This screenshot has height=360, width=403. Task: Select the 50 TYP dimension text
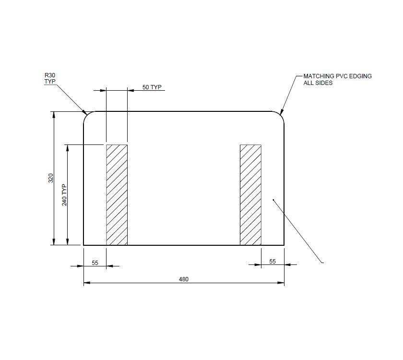tap(152, 87)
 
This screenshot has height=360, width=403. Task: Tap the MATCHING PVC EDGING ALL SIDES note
tap(337, 80)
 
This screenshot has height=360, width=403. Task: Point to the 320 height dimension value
tap(50, 178)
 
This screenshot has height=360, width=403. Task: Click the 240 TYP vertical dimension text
tap(64, 195)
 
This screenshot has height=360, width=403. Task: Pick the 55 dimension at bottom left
tap(95, 262)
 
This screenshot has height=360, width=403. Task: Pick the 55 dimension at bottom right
tap(273, 262)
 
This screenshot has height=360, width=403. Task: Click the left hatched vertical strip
tap(117, 194)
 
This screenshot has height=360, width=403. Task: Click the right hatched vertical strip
tap(250, 194)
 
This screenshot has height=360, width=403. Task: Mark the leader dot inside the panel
tap(273, 199)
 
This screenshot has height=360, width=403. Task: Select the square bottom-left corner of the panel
tap(84, 245)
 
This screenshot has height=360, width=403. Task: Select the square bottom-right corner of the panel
tap(284, 245)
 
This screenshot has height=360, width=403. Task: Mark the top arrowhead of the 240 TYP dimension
tap(68, 147)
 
